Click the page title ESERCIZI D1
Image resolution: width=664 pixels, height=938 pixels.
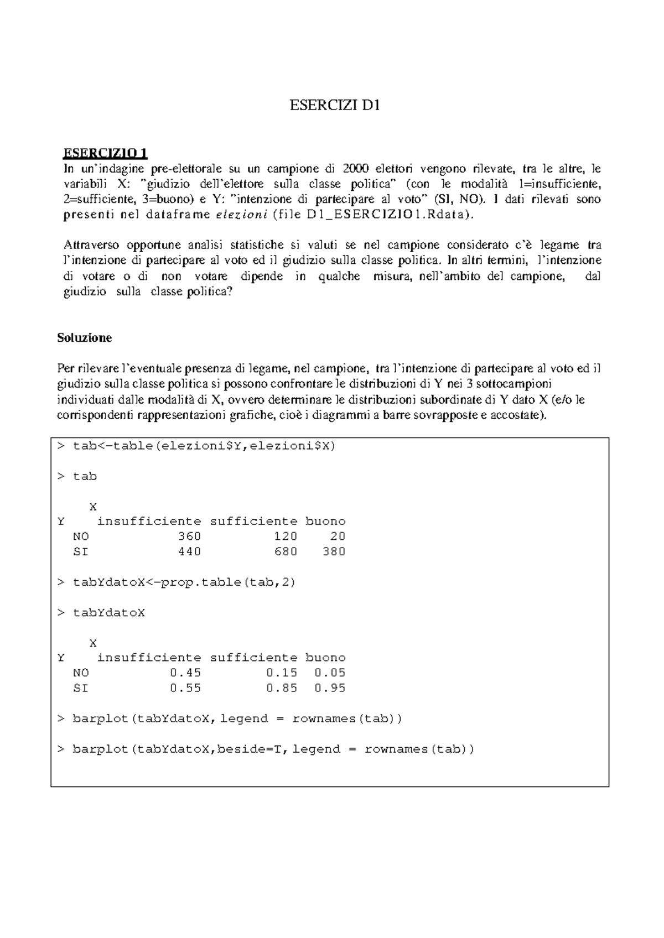335,106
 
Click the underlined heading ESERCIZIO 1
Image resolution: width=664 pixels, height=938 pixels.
106,153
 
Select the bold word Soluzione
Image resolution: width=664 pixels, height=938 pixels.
85,338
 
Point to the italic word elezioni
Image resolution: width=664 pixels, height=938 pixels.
241,215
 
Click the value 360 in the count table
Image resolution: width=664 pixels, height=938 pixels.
189,536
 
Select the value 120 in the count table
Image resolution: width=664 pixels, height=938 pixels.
286,536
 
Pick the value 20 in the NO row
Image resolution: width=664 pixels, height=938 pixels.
338,536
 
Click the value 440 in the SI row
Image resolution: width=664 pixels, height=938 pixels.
189,552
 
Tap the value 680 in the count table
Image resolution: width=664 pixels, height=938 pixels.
286,552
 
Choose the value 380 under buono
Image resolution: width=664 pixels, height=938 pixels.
334,552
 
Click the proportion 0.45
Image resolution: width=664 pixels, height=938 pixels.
185,673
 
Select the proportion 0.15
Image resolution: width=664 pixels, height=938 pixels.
282,673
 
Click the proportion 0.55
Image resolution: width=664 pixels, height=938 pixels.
185,689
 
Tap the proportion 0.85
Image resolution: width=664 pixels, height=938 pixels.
282,689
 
